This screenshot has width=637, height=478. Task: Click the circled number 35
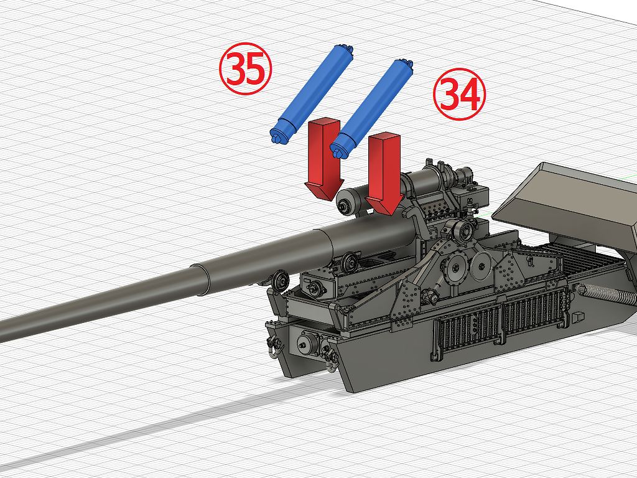click(x=245, y=68)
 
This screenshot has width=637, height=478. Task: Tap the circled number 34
click(x=460, y=95)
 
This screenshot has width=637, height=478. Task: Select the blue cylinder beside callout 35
click(x=312, y=94)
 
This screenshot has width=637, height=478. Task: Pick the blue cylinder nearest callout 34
click(x=372, y=109)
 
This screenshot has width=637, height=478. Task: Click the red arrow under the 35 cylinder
click(x=324, y=159)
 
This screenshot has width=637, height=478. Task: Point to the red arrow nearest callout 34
click(x=384, y=174)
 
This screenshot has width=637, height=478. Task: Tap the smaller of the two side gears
click(x=482, y=266)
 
